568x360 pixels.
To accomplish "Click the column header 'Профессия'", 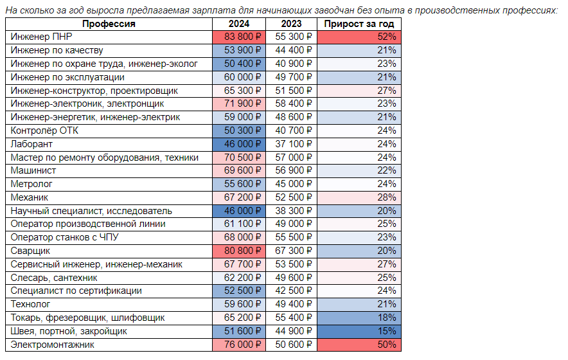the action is [x=109, y=24].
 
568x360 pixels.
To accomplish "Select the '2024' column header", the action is [x=239, y=24].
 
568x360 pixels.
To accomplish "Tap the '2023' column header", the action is [x=291, y=24].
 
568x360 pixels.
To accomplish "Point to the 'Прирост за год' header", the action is [x=359, y=24].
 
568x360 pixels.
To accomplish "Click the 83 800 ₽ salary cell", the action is [x=239, y=37].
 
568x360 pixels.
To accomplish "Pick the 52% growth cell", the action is [x=359, y=37].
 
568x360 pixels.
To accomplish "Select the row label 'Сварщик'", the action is [x=30, y=251].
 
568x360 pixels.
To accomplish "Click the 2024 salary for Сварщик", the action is [x=239, y=251].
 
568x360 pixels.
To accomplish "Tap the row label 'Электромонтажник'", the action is [x=52, y=345].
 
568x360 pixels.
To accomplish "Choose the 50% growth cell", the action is [x=359, y=345].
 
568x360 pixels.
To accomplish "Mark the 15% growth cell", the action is [x=359, y=331].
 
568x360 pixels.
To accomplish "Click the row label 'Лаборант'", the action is [x=31, y=144].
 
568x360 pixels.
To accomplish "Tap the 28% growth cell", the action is [x=359, y=197].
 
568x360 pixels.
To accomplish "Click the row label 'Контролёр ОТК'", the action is [x=44, y=131].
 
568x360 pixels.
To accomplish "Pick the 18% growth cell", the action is [x=359, y=318].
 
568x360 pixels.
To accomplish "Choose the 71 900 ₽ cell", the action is [x=239, y=104].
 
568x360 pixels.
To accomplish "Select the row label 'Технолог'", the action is [x=30, y=305].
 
